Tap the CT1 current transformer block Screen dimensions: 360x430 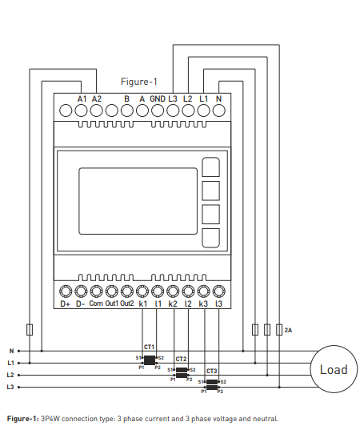tap(150, 360)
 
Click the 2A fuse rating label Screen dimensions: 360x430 tap(288, 330)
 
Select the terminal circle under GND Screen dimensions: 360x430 tap(158, 111)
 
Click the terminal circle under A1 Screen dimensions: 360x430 tap(81, 111)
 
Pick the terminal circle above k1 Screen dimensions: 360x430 tap(142, 291)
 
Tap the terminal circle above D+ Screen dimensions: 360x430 tap(66, 291)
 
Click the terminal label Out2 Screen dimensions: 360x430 tap(127, 303)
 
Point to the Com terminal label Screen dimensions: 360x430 tap(96, 303)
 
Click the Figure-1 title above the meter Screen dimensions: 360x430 tap(139, 82)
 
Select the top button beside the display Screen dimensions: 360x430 tap(210, 167)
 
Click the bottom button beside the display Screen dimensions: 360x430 tap(210, 238)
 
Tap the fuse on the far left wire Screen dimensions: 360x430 tap(30, 330)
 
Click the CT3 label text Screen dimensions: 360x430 tap(211, 371)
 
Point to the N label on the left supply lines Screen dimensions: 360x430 tap(11, 351)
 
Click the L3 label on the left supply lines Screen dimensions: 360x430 tap(10, 387)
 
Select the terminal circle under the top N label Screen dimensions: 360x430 tap(219, 111)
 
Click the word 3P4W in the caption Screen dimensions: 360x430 tap(50, 419)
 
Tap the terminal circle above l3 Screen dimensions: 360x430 tap(219, 291)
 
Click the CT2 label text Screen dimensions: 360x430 tap(181, 359)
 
